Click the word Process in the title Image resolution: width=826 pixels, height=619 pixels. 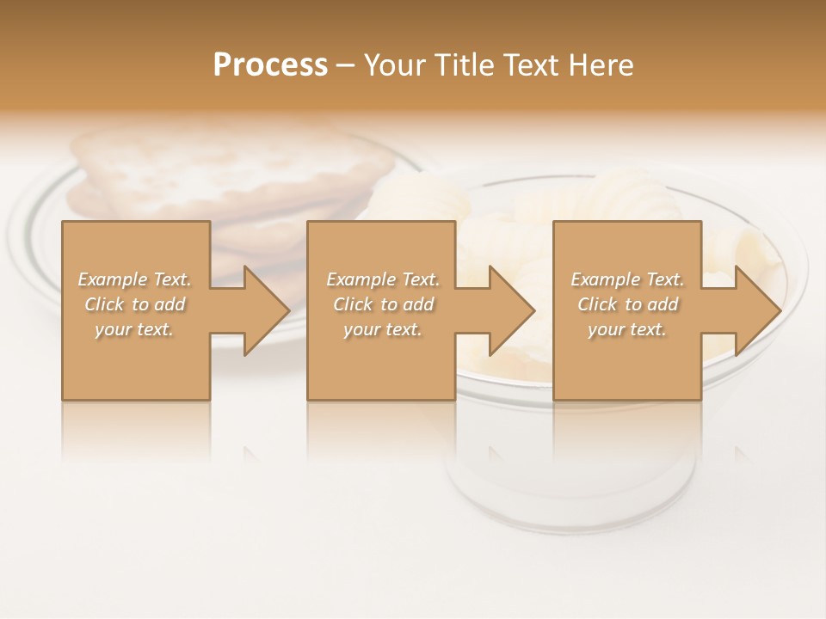click(270, 65)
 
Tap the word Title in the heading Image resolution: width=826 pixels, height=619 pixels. click(462, 65)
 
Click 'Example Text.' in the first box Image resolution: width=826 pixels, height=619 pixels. click(135, 279)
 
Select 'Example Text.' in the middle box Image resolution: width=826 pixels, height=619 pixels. click(383, 279)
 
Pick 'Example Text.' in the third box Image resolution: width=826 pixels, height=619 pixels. click(627, 279)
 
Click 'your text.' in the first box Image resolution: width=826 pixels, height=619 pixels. click(135, 329)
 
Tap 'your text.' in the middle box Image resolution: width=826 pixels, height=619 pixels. click(383, 329)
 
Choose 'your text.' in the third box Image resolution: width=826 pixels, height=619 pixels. click(627, 329)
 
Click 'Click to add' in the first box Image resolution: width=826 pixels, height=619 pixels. click(135, 304)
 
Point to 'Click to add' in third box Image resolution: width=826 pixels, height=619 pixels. click(627, 304)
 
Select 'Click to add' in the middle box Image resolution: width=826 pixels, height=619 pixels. click(383, 304)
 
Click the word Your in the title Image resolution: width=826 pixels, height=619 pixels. click(392, 65)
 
